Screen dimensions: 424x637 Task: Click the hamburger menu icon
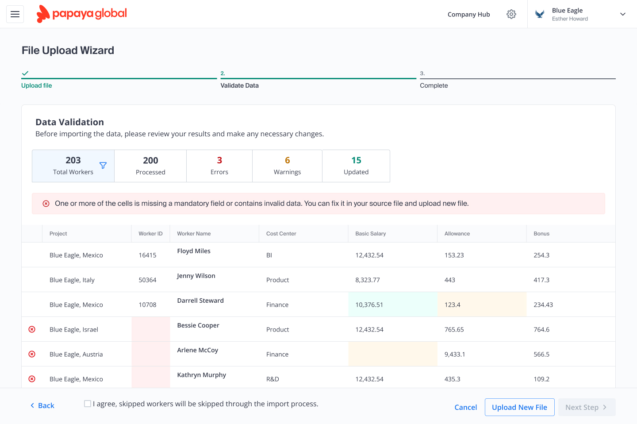(15, 14)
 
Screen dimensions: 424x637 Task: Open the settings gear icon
(511, 14)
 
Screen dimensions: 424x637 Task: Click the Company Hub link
(468, 14)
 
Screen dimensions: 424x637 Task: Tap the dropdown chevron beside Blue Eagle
(622, 14)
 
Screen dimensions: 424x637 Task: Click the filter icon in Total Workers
(103, 166)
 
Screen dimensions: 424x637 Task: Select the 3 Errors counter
(219, 166)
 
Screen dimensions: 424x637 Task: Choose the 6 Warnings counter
(287, 166)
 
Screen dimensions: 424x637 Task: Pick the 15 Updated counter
(356, 166)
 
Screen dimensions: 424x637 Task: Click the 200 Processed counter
(150, 166)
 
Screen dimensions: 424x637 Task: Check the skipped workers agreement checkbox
(88, 404)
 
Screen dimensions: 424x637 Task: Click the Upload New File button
(519, 407)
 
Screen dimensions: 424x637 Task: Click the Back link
(42, 405)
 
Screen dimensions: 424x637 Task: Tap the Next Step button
(587, 407)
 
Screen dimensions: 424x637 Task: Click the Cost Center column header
(281, 234)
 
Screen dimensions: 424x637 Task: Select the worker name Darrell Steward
(200, 301)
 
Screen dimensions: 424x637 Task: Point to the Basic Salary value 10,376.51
(369, 305)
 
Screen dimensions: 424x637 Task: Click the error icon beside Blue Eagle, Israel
(32, 329)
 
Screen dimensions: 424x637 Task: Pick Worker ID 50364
(147, 280)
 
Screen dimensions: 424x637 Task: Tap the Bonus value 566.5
(541, 354)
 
